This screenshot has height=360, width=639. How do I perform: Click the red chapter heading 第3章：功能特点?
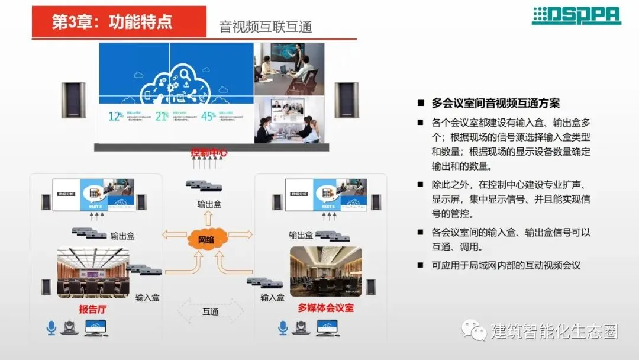click(x=112, y=22)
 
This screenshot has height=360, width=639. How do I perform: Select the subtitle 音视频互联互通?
click(x=265, y=27)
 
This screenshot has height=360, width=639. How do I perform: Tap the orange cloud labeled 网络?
click(x=206, y=240)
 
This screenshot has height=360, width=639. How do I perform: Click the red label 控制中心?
click(x=209, y=153)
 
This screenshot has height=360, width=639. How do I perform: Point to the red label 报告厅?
click(x=93, y=308)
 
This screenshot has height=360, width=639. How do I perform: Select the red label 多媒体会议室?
click(x=325, y=308)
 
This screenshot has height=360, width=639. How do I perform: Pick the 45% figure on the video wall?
click(x=208, y=116)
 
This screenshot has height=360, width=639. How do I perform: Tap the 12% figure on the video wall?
click(x=116, y=116)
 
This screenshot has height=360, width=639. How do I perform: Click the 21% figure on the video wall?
click(x=162, y=116)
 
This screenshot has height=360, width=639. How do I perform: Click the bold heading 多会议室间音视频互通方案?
click(x=496, y=103)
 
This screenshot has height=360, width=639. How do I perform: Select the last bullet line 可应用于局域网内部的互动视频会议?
click(x=506, y=265)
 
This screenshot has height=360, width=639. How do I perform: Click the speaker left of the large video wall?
click(x=73, y=100)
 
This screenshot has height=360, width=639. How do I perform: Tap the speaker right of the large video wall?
click(x=346, y=100)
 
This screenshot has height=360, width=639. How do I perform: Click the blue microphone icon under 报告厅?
click(x=51, y=327)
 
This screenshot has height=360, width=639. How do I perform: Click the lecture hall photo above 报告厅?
click(x=93, y=272)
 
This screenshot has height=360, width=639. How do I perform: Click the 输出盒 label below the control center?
click(x=209, y=204)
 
